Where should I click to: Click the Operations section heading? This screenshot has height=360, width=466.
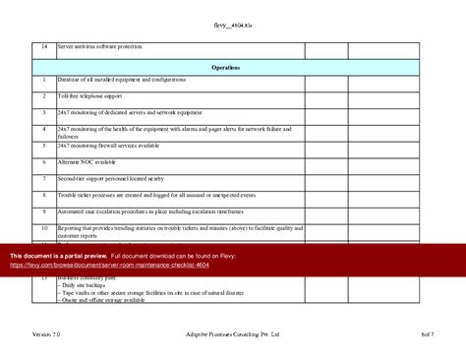225,67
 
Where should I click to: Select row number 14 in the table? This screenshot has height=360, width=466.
44,47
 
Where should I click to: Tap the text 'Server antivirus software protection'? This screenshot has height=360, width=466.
99,47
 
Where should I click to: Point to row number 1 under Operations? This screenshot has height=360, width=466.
44,80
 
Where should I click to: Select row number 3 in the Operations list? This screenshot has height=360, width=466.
44,113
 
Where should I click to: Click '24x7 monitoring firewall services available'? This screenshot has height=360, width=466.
108,146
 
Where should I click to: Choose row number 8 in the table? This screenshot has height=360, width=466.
44,196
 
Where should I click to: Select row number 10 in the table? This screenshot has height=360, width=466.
44,228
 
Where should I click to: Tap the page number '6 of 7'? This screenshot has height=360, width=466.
426,334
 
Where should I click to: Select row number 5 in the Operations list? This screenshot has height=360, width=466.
44,146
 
